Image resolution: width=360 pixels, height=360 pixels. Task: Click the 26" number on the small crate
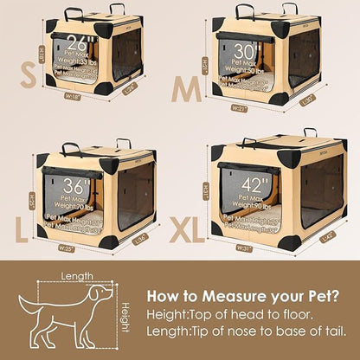(x=72, y=41)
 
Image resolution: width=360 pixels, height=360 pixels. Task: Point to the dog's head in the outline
(x=101, y=294)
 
